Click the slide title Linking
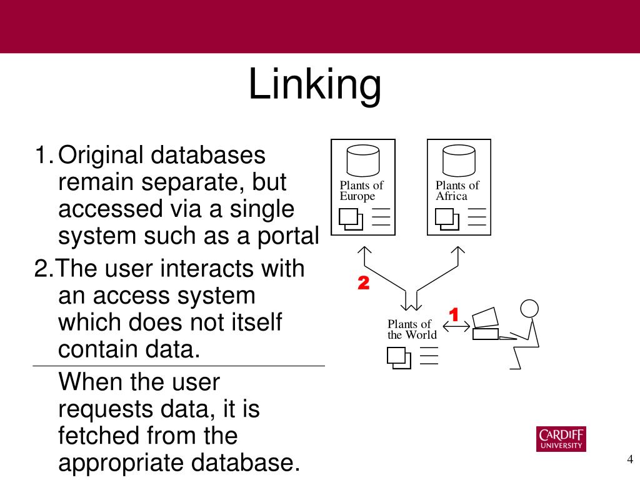tap(314, 85)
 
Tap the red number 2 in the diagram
tap(363, 284)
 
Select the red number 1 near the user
tap(454, 315)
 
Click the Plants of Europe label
tap(361, 191)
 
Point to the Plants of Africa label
tap(457, 191)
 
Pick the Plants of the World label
tap(412, 329)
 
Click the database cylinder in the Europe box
tap(363, 161)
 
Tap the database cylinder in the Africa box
tap(459, 161)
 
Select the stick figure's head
tap(529, 309)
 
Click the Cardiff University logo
tap(561, 439)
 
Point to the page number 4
tap(630, 460)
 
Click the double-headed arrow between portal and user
tap(456, 327)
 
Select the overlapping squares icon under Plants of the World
tap(399, 357)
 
